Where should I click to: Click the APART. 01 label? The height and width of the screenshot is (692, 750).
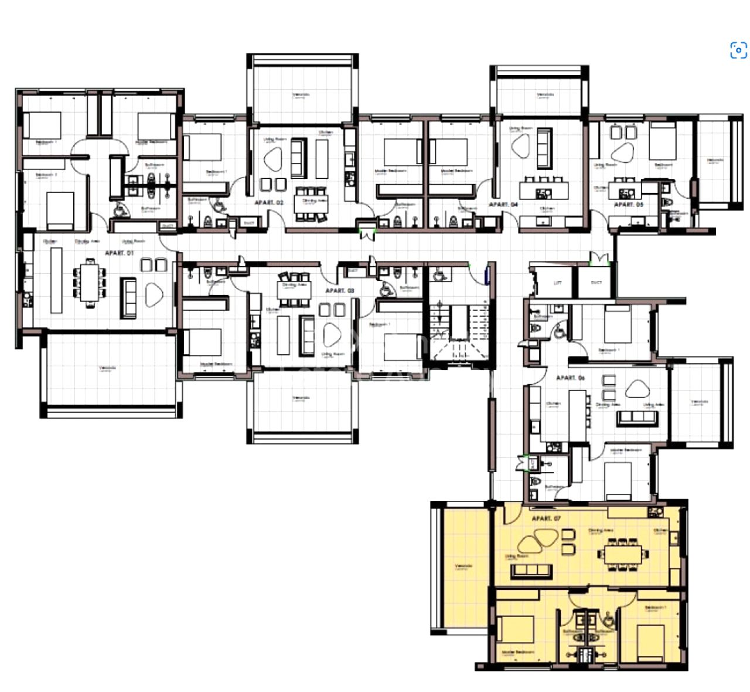click(119, 253)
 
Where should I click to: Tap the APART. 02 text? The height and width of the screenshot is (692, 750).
click(269, 202)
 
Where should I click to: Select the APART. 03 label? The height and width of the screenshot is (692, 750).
click(339, 290)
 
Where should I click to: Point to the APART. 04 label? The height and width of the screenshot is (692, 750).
click(503, 205)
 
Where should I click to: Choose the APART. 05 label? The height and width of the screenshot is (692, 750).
click(628, 205)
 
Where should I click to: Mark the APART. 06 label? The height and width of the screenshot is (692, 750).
click(570, 378)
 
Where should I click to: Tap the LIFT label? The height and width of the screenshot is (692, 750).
click(558, 282)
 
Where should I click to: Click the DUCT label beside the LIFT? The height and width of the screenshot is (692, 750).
click(596, 282)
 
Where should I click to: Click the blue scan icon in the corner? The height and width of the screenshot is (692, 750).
click(738, 50)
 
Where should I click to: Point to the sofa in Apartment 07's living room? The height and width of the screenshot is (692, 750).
click(531, 571)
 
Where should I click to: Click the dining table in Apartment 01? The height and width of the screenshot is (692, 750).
click(90, 281)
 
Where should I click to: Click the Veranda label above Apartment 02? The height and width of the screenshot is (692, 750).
click(301, 94)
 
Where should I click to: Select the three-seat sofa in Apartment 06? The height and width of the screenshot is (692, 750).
click(636, 417)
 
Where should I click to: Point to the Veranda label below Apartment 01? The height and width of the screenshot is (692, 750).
click(107, 368)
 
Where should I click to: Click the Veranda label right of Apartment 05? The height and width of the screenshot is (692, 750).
click(715, 161)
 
